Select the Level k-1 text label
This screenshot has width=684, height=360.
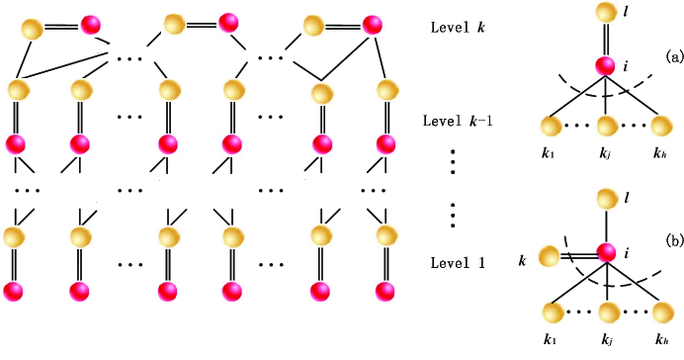(460, 122)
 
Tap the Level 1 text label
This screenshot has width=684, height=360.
(458, 263)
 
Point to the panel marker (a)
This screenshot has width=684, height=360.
(675, 57)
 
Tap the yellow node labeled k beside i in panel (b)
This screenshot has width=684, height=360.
(550, 259)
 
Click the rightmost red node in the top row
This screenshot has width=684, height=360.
(373, 24)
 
